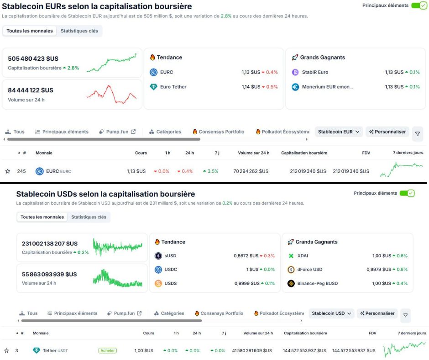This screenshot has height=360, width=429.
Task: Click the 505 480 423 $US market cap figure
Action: pos(33,58)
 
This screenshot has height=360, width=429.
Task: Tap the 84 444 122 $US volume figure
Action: pos(31,90)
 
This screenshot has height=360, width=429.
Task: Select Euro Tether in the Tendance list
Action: pos(173,87)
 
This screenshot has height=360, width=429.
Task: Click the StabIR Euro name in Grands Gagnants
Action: pos(315,72)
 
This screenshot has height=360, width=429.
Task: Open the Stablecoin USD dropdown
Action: pos(331,313)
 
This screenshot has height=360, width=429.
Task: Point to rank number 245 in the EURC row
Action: pos(21,171)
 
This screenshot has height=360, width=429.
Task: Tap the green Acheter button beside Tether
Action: pos(107,350)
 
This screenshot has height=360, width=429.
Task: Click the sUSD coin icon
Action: pos(158,256)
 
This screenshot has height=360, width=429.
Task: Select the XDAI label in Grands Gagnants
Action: pos(303,256)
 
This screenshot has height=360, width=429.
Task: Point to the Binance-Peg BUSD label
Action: pos(317,283)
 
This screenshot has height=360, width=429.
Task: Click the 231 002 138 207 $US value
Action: pos(50,244)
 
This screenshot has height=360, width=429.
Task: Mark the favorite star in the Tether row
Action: pos(7,350)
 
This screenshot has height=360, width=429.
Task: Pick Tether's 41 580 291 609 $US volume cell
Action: pos(251,350)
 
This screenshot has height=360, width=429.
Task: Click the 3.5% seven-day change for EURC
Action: pos(210,171)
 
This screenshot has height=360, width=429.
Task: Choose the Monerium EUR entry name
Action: pos(327,87)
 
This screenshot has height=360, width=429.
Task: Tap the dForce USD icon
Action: pos(291,270)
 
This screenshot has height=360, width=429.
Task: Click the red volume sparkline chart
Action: pos(111,94)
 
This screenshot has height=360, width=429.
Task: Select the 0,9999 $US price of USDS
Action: pos(246,283)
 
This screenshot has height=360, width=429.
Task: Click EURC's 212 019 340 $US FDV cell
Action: pos(351,171)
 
